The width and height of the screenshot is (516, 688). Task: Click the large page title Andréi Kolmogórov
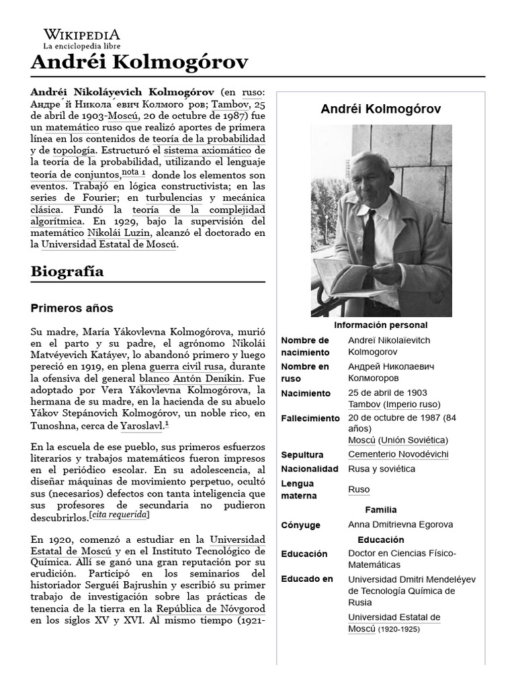pos(139,63)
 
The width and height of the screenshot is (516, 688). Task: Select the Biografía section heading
pos(67,272)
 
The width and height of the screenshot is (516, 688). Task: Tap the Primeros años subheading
pos(72,308)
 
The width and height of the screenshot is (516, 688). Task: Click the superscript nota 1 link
pos(134,173)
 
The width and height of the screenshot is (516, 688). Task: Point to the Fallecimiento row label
pos(310,418)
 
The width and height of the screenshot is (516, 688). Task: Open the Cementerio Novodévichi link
pos(398,454)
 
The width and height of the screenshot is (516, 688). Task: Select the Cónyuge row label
pos(300,525)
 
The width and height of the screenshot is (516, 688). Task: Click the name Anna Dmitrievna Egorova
pos(400,525)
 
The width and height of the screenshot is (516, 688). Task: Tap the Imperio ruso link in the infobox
pos(412,404)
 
